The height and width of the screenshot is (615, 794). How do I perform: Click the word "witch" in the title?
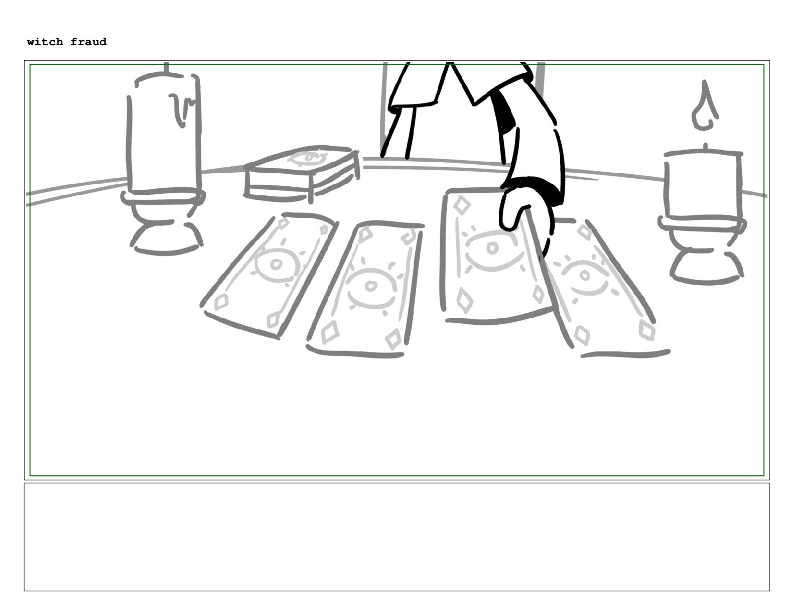click(45, 42)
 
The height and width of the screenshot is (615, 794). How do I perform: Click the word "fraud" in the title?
click(88, 42)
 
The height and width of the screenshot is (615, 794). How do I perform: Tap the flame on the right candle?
click(705, 105)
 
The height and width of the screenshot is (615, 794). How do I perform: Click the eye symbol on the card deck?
click(308, 158)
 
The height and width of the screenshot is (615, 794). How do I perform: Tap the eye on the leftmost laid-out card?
click(277, 264)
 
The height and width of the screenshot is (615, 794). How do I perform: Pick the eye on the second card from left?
click(370, 285)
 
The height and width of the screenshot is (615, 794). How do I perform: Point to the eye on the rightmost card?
click(585, 276)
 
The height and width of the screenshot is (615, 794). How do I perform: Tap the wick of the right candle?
click(705, 147)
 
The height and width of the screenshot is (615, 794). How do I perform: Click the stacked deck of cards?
click(302, 173)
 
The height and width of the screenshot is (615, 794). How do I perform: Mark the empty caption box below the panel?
click(397, 537)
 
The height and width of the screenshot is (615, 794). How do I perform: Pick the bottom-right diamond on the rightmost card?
click(647, 331)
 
